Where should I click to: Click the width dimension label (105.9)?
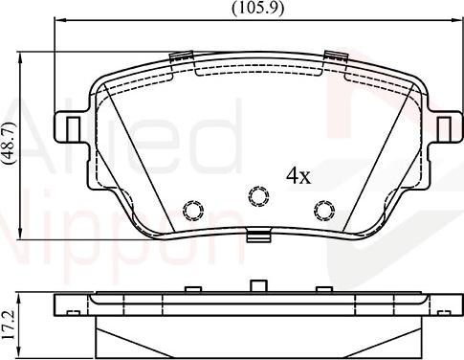(257, 9)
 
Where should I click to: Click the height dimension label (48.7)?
(9, 142)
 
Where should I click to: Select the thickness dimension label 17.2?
(9, 325)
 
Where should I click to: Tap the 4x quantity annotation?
(298, 175)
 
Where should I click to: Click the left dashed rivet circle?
(193, 211)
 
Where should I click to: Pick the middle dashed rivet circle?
(258, 195)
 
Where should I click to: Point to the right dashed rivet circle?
(324, 211)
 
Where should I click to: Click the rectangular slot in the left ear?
(74, 129)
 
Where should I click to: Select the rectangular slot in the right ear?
(444, 129)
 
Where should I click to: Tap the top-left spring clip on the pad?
(181, 56)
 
